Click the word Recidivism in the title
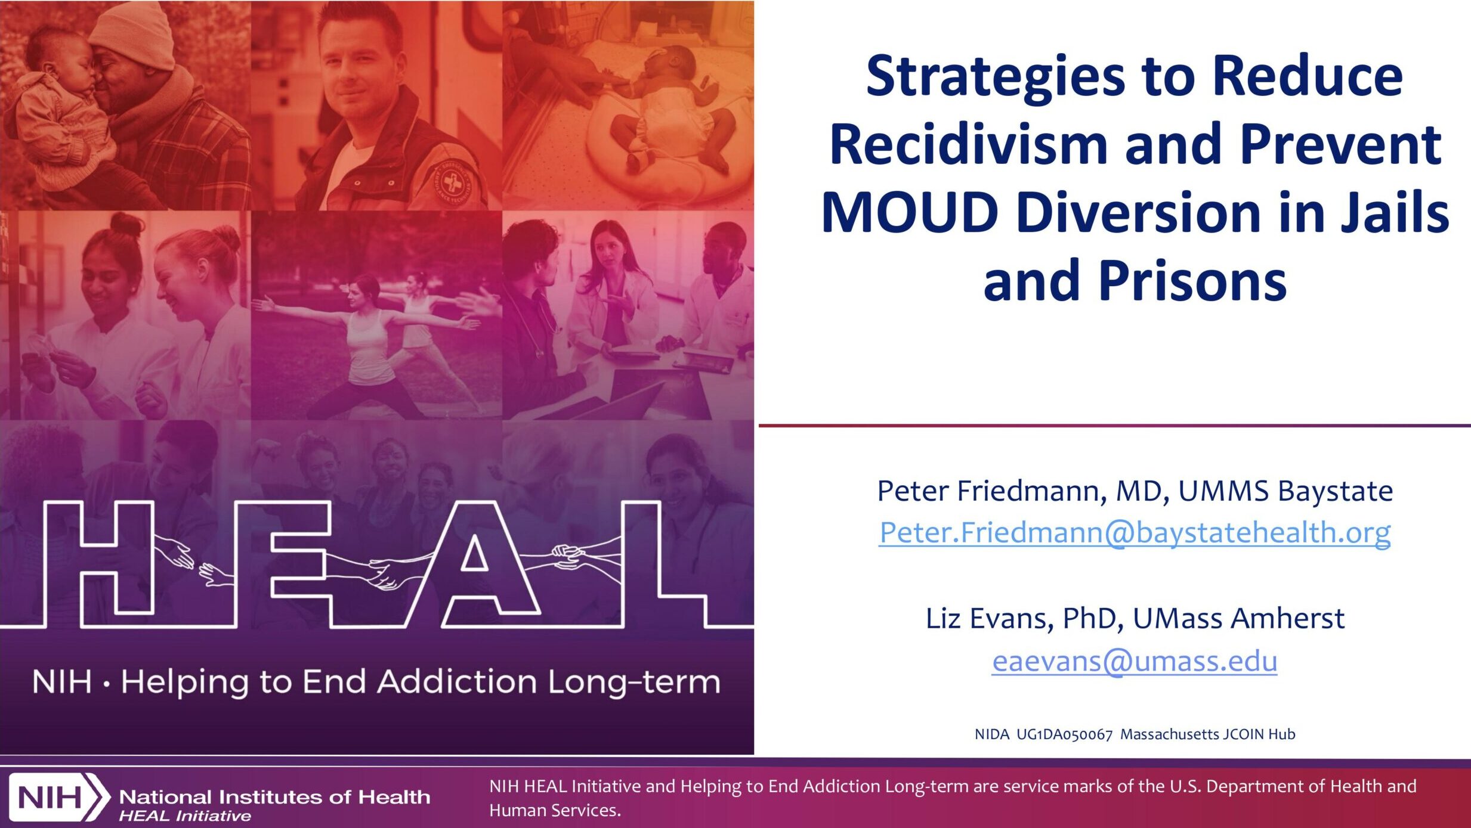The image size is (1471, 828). pos(969,144)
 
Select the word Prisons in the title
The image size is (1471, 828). pos(1192,281)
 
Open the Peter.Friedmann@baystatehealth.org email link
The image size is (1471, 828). pos(1135,532)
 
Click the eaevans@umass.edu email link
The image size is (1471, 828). pos(1135,660)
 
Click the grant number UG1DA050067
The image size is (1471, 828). pos(1064,734)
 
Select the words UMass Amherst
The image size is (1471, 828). pos(1238,619)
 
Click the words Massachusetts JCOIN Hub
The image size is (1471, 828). pos(1207,734)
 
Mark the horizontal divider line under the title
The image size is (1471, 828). pos(1114,426)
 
